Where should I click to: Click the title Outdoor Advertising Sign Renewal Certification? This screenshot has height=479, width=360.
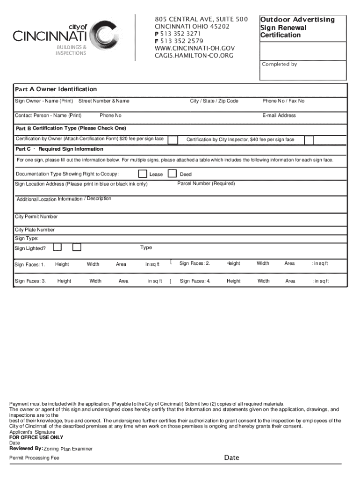point(297,27)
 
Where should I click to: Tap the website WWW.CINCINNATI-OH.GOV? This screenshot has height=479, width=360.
point(194,48)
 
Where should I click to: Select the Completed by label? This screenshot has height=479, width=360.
point(279,64)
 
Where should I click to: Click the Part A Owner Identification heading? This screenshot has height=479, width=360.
point(56,89)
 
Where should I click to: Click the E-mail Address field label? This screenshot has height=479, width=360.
point(279,116)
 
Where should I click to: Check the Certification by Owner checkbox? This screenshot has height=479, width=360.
point(173,139)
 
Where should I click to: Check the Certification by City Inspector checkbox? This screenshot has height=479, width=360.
point(309,139)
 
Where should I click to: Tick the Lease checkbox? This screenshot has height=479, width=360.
point(143,174)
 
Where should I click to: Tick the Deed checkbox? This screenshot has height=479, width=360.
point(173,174)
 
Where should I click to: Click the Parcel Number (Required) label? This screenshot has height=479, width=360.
point(206,183)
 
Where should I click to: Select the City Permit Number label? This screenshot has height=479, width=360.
point(36,217)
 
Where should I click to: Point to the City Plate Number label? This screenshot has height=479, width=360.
point(35,230)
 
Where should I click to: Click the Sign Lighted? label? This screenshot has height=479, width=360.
point(30,248)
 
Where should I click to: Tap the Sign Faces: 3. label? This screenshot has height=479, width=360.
point(30,281)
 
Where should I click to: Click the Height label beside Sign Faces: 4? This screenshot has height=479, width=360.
point(233,281)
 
